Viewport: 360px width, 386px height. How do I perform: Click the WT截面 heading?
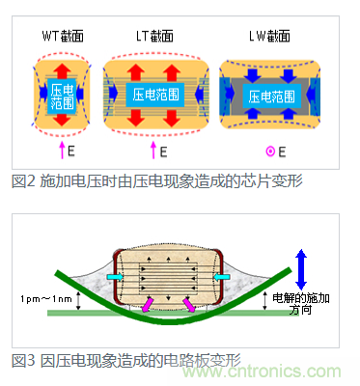coord(63,36)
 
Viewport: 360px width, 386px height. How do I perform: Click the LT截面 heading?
coord(154,36)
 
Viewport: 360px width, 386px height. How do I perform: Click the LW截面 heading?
coord(269,36)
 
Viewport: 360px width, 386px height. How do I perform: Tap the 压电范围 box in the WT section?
coord(62,96)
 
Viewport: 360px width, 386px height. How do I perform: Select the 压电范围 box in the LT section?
coord(155,95)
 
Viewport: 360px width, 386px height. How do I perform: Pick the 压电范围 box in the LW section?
coord(272,96)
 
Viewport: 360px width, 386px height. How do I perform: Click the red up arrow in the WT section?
coord(62,70)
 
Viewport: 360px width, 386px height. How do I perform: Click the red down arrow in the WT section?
coord(62,119)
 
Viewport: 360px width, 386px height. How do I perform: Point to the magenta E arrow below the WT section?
coord(62,151)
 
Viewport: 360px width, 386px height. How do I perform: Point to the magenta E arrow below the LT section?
coord(153,151)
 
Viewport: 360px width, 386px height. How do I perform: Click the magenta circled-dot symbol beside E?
coord(270,152)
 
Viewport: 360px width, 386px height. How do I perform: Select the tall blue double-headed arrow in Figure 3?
coord(301,269)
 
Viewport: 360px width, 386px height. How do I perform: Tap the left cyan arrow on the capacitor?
coord(115,277)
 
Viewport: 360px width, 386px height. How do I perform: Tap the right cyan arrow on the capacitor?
coord(222,277)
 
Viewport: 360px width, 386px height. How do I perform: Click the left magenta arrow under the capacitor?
coord(148,305)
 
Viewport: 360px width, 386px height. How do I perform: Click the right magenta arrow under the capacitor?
coord(189,305)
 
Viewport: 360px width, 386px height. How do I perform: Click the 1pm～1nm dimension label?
coord(46,299)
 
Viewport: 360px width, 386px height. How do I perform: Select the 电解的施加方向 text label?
coord(301,304)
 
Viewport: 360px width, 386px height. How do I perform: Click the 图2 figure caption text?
coord(157,181)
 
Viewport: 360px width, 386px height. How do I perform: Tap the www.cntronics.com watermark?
coord(262,372)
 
